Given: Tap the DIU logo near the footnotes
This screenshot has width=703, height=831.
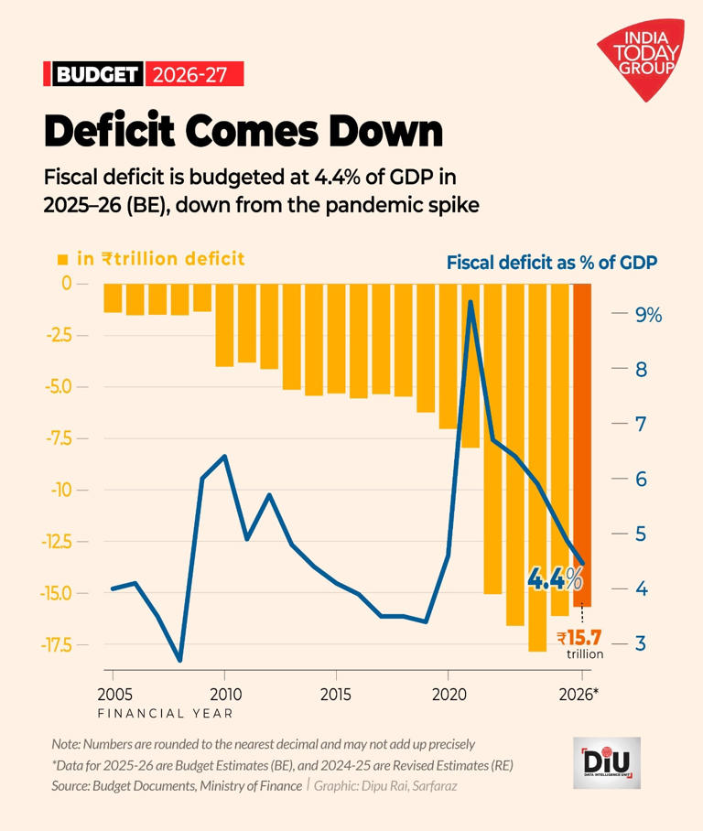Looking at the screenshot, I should tap(606, 762).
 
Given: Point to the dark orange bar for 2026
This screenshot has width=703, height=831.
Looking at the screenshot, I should tap(582, 444).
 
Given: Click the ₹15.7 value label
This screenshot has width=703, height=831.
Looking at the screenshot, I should tap(579, 638).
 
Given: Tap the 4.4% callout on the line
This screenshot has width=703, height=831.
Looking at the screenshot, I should tap(554, 578).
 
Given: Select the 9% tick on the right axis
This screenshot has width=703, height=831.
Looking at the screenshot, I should tap(647, 315).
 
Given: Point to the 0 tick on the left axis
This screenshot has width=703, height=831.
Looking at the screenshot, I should tap(66, 284).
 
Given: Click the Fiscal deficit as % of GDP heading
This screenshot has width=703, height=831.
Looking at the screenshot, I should tap(553, 262).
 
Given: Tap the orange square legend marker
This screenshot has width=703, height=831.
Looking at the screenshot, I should tap(63, 260).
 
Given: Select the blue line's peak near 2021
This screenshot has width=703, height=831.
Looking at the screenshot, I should tap(470, 302).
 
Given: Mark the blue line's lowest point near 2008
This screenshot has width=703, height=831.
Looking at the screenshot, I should tap(180, 659).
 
